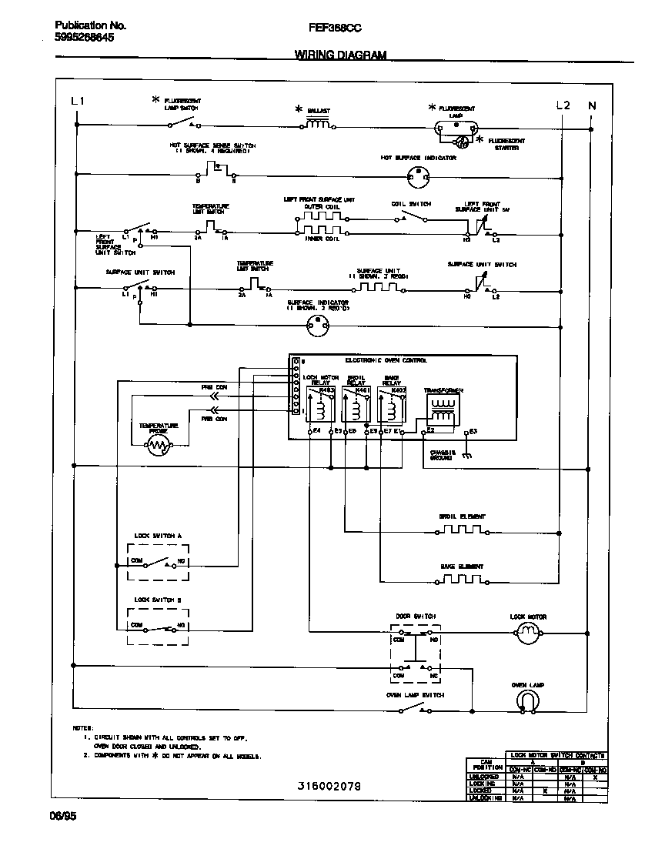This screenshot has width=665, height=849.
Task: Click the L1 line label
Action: pyautogui.click(x=78, y=102)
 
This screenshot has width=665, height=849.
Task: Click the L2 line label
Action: pyautogui.click(x=563, y=105)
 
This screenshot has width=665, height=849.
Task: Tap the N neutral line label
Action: pyautogui.click(x=591, y=105)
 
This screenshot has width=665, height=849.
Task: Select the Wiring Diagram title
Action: pyautogui.click(x=340, y=55)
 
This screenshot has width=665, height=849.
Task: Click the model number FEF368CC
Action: pyautogui.click(x=335, y=27)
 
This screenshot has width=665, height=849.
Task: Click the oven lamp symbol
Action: pyautogui.click(x=527, y=697)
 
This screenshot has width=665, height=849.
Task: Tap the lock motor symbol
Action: pyautogui.click(x=527, y=633)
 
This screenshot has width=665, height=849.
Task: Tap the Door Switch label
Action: pyautogui.click(x=416, y=617)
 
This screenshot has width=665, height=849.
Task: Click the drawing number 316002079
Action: pyautogui.click(x=329, y=785)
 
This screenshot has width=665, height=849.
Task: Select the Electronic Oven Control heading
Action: pyautogui.click(x=386, y=360)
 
